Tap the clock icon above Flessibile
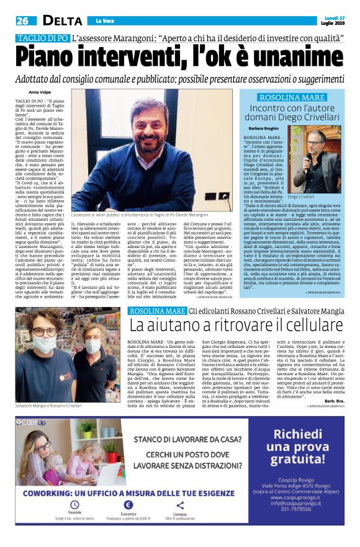coord(75,505)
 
